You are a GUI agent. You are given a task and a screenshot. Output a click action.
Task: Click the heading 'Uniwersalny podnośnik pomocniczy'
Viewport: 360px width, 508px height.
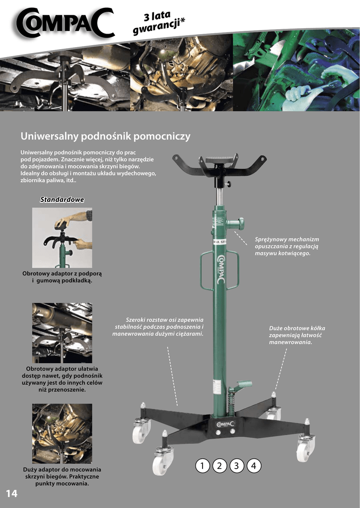pos(105,136)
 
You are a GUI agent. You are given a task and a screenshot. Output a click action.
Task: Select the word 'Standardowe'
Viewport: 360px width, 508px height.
pos(62,199)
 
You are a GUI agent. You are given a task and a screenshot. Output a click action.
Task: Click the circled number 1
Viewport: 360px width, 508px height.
pos(203,466)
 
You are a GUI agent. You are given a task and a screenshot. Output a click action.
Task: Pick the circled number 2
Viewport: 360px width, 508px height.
pos(219,466)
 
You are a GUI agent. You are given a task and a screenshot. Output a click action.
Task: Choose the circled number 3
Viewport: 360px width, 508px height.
pos(236,466)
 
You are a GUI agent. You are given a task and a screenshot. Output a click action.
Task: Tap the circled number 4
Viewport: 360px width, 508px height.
pos(254,466)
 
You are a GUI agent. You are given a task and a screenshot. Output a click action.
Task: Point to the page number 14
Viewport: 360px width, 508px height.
pos(12,494)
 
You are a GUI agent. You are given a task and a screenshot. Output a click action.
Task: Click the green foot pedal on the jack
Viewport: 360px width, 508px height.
pos(243,384)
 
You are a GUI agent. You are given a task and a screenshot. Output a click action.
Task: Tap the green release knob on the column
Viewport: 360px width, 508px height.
pos(236,223)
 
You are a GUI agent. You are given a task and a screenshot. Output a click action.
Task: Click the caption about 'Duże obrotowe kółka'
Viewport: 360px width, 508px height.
pos(297,335)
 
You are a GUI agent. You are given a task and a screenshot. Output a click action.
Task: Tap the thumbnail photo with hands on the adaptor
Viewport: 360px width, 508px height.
pos(62,238)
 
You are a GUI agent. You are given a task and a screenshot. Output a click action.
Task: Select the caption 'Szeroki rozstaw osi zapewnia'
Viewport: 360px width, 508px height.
pos(158,327)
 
